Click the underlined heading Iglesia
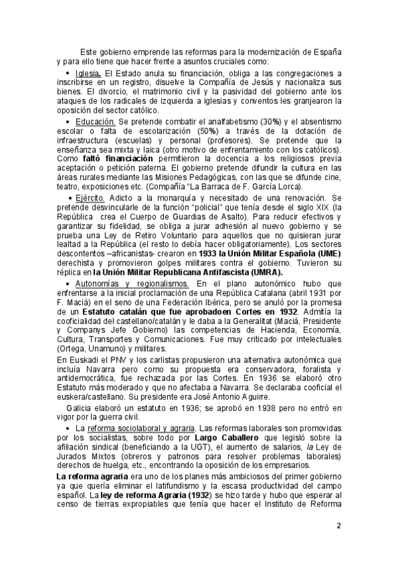(88, 72)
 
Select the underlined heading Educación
(96, 123)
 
